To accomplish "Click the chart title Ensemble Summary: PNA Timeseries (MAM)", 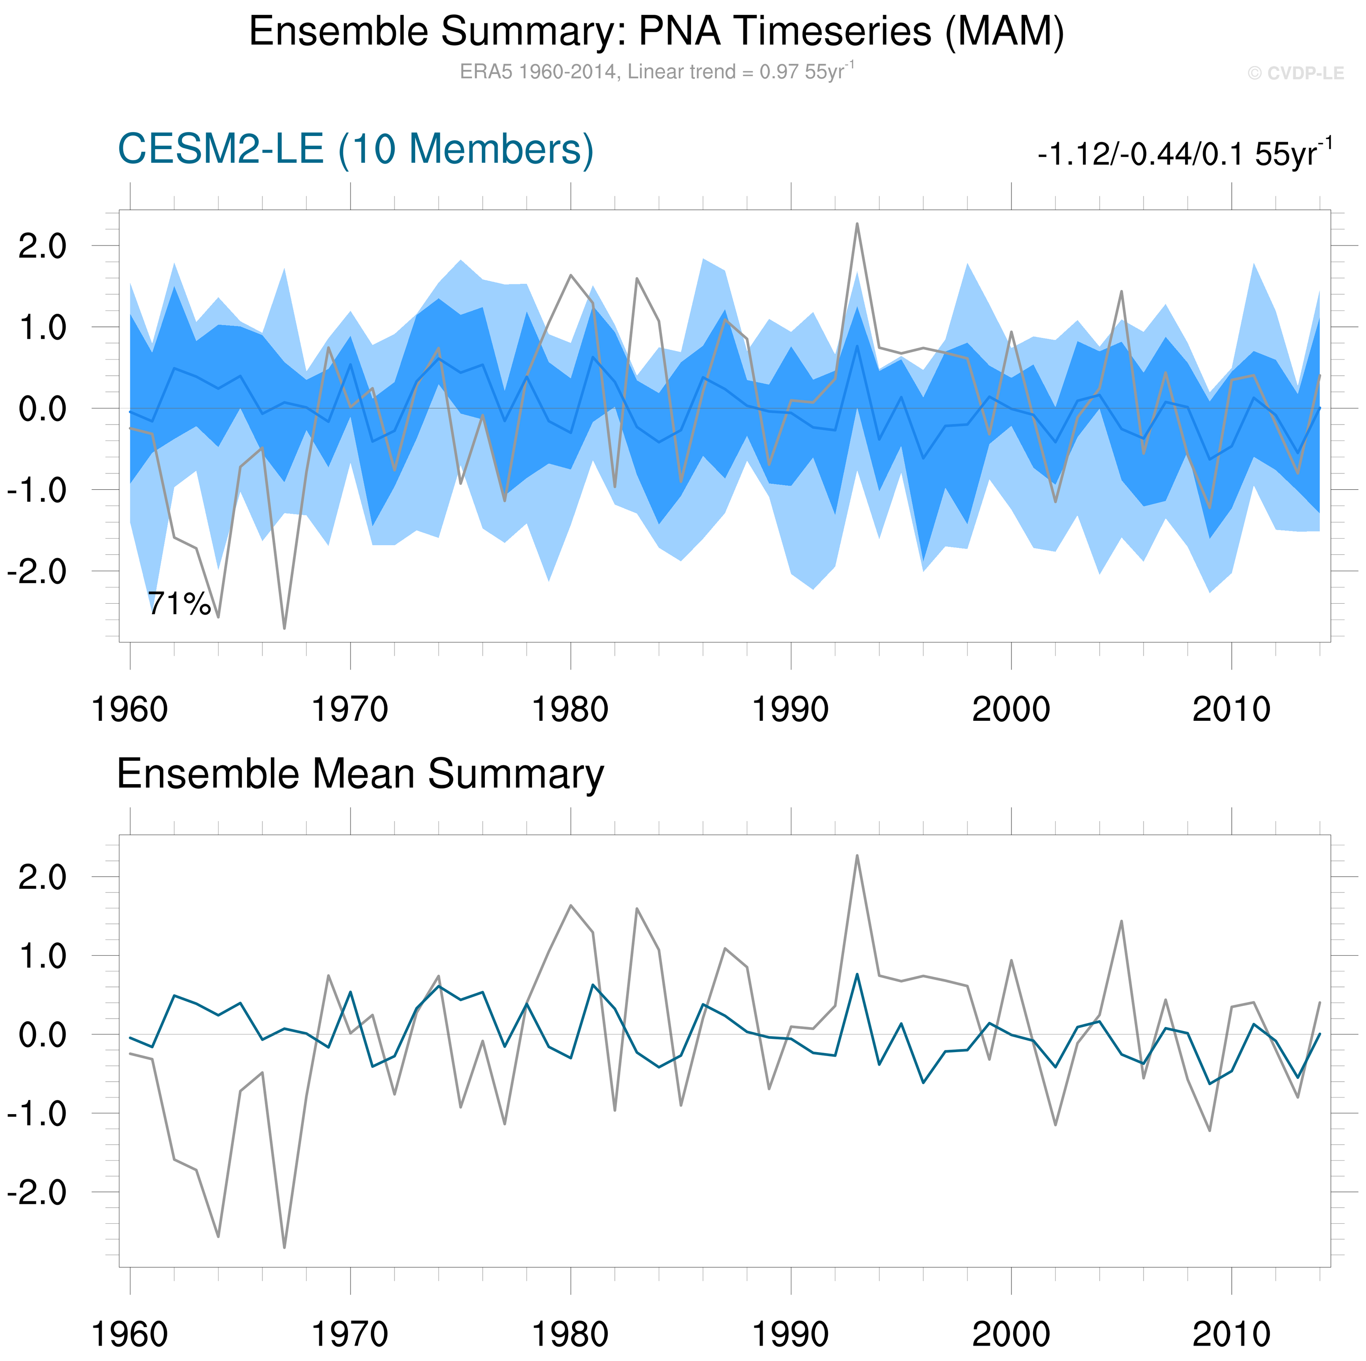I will click(x=656, y=32).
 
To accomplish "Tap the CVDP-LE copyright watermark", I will click(x=1295, y=73).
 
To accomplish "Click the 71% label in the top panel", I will click(x=179, y=604).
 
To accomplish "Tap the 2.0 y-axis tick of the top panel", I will click(x=42, y=246).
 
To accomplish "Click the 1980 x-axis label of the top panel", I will click(x=570, y=709).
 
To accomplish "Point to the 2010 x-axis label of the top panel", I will click(x=1231, y=709).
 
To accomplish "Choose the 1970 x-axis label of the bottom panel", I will click(x=350, y=1334).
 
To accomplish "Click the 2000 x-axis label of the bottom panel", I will click(x=1011, y=1334).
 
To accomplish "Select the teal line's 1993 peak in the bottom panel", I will click(x=857, y=975).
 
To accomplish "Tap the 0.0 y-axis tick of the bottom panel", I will click(x=42, y=1035).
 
